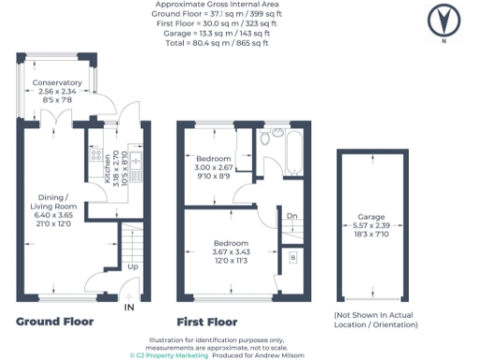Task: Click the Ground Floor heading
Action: (55, 321)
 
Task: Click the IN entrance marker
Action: (130, 307)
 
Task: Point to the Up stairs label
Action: (132, 266)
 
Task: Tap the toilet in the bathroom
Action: (266, 139)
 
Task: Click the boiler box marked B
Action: (292, 256)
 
